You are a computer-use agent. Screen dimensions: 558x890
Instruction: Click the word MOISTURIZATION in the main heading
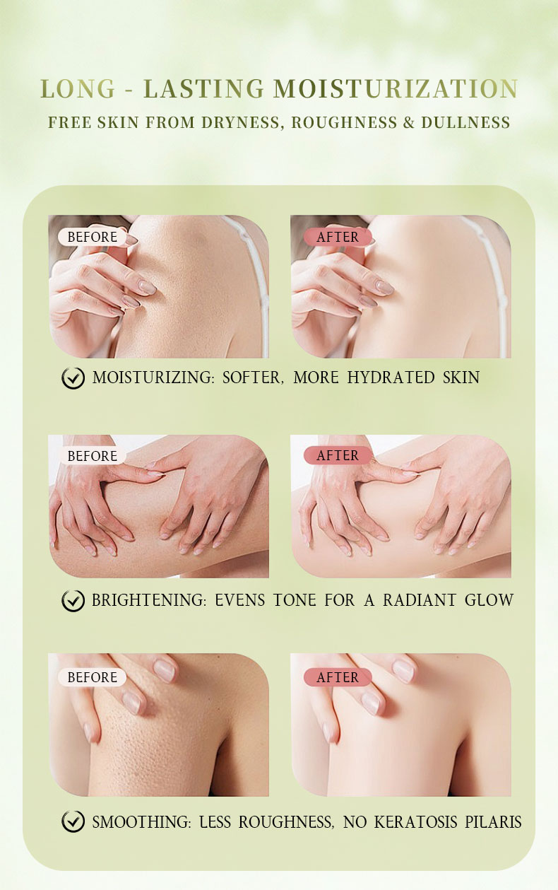click(x=396, y=88)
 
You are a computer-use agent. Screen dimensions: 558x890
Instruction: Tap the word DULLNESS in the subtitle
click(x=465, y=122)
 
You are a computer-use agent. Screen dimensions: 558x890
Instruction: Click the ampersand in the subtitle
click(x=409, y=122)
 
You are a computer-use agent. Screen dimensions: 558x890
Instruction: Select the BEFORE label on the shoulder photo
click(x=92, y=237)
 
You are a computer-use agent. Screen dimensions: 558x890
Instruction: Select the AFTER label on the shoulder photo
click(x=338, y=237)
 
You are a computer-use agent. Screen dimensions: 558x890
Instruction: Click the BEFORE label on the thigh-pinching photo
click(x=92, y=456)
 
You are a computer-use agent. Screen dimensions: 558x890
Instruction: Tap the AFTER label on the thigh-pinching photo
click(x=338, y=455)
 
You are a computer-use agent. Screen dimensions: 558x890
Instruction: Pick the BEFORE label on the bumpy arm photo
click(x=92, y=677)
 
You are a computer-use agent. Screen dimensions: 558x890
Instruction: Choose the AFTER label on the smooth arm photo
click(x=338, y=677)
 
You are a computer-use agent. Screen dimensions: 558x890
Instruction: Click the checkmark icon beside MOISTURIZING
click(x=73, y=377)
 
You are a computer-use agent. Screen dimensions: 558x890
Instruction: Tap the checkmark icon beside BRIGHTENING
click(x=73, y=600)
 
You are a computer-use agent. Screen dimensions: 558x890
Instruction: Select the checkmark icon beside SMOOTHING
click(x=73, y=821)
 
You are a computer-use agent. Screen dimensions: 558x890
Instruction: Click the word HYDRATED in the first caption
click(x=391, y=377)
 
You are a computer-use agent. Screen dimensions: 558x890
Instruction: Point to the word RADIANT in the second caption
click(x=420, y=600)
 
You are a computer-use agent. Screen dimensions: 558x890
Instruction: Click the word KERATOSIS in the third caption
click(x=415, y=821)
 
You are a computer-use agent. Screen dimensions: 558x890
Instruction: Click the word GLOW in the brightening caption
click(x=489, y=600)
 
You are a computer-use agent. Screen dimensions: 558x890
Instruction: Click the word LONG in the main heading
click(x=78, y=88)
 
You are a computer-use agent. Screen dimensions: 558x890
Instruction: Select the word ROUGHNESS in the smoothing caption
click(x=286, y=821)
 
